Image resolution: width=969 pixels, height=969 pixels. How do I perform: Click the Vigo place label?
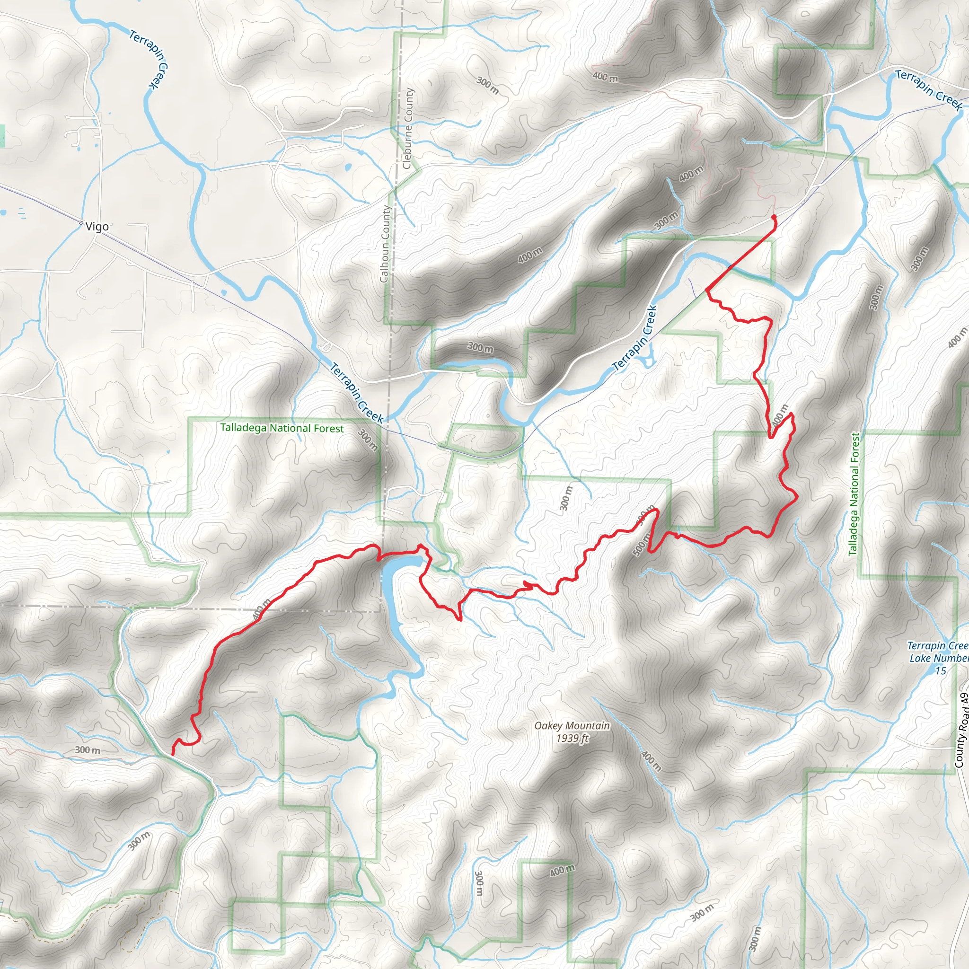pos(97,227)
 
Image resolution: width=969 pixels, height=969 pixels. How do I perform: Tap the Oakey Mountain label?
pos(572,725)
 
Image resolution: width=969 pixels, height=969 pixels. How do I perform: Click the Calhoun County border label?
pos(385,244)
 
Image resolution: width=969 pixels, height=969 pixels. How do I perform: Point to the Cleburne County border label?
pos(408,128)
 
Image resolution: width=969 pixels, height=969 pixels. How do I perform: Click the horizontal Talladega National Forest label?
pos(282,428)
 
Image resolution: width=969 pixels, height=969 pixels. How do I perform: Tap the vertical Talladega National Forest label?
pos(854,494)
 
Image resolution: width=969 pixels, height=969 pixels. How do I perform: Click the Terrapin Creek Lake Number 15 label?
pos(937,658)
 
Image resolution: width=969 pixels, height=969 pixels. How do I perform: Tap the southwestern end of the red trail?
pos(173,754)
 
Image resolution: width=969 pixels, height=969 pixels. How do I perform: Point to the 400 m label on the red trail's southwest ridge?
pos(261,609)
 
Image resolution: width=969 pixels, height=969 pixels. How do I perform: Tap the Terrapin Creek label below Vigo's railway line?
pos(357,393)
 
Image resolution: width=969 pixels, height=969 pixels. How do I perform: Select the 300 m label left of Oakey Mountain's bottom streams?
pos(479,884)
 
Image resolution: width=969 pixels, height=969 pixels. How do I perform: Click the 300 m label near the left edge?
pos(87,750)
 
